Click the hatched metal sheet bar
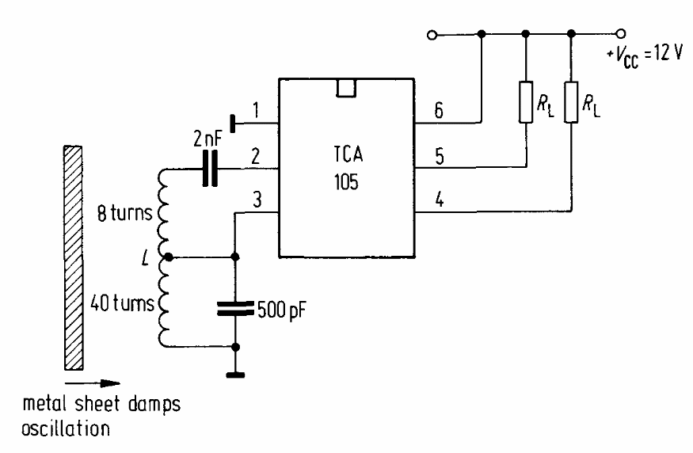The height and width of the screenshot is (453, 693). point(73,256)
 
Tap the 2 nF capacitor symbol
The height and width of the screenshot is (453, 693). point(209,169)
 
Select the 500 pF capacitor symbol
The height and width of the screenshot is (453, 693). point(235,307)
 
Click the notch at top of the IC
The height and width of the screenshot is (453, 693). point(345,87)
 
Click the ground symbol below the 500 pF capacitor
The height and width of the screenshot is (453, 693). point(235,374)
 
